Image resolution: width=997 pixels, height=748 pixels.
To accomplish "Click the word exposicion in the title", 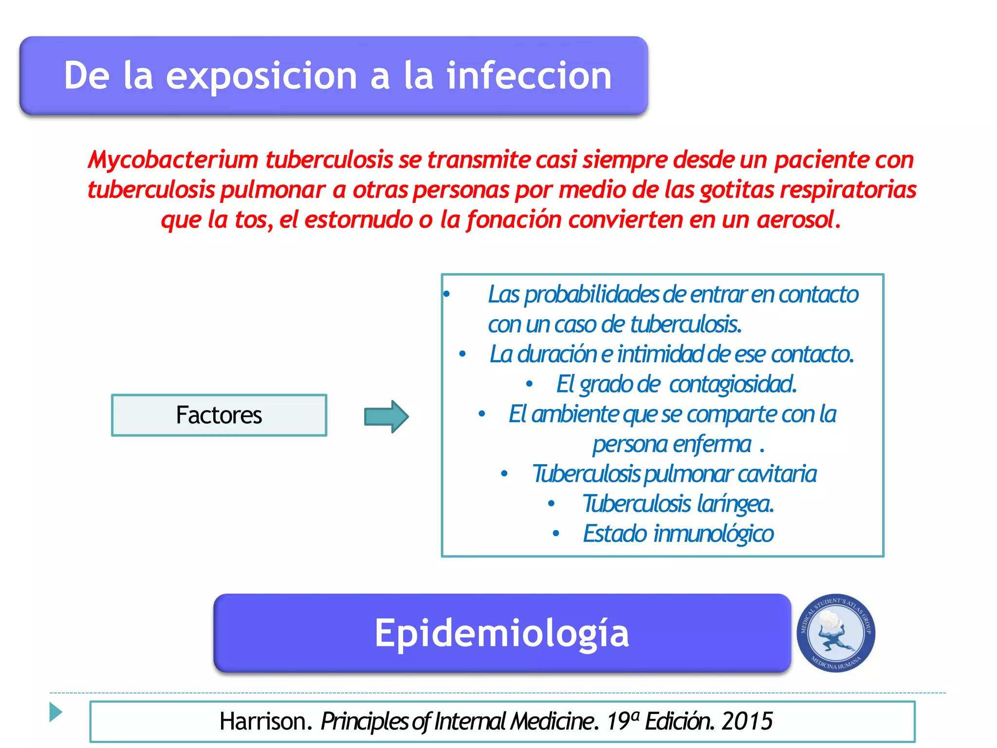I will click(x=261, y=76).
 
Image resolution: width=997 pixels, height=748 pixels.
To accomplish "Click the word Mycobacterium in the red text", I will click(x=173, y=160).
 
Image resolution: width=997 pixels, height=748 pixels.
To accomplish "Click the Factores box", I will click(x=219, y=415).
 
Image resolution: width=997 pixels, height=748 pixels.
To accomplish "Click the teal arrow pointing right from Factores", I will click(x=386, y=416).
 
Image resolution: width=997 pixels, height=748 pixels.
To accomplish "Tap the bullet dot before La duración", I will click(x=462, y=354).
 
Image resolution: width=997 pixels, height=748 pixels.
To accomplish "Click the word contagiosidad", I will click(x=732, y=384).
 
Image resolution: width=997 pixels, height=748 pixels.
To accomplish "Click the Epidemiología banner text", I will click(x=501, y=633).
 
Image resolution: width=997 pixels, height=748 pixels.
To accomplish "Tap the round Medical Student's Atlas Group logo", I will click(x=835, y=633).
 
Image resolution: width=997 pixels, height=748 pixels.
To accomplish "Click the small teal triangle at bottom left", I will click(x=55, y=712).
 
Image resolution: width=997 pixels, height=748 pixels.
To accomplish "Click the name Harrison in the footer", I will click(x=263, y=721).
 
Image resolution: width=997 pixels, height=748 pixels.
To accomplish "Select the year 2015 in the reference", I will click(x=747, y=721).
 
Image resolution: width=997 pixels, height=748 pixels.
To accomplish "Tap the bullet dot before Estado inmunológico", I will click(x=555, y=534).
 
